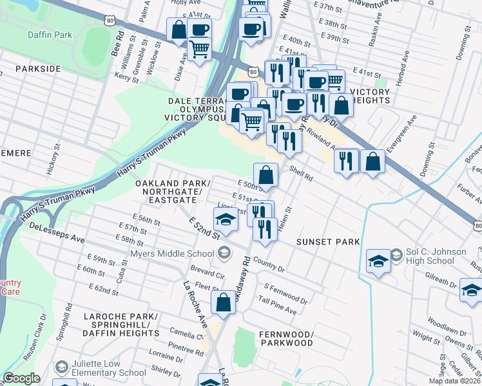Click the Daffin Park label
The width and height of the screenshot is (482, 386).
click(x=50, y=35)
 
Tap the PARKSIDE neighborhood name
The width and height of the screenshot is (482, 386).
click(x=38, y=68)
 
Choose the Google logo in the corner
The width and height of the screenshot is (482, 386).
click(x=22, y=378)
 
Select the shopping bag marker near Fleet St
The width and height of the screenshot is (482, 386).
click(x=223, y=302)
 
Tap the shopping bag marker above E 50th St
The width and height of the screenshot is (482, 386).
click(x=265, y=174)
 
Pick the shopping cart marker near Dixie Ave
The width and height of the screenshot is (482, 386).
click(x=200, y=48)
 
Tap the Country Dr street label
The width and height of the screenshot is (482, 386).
click(x=269, y=263)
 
